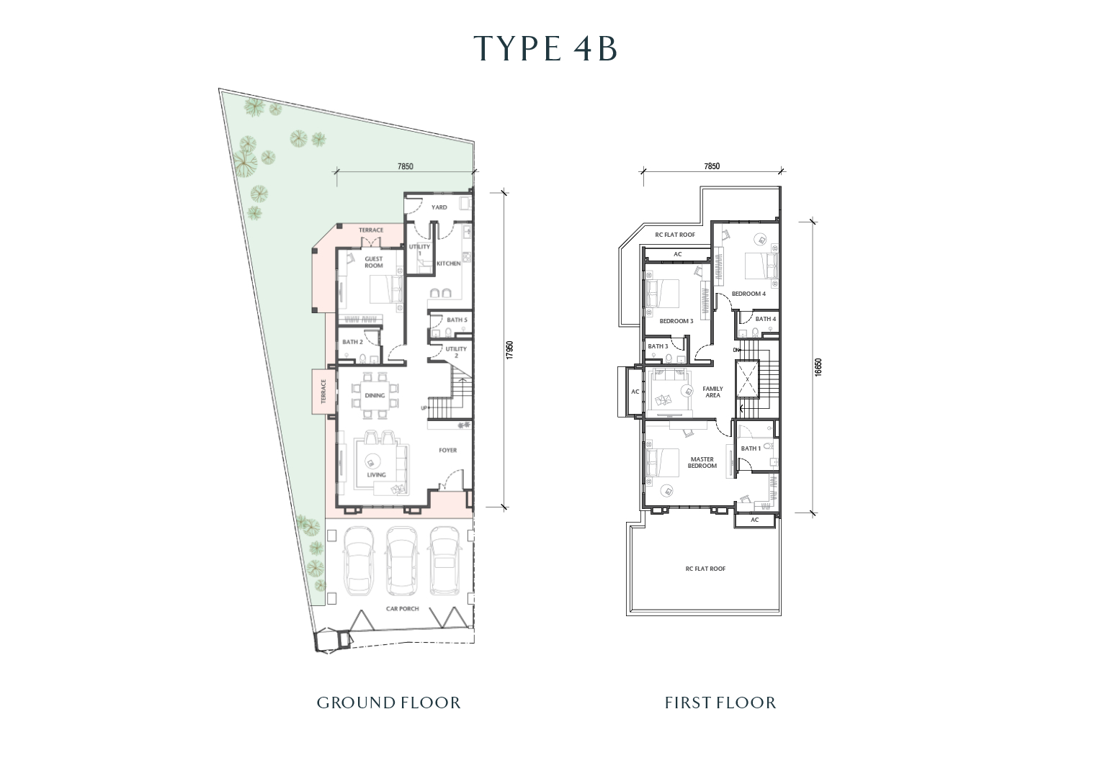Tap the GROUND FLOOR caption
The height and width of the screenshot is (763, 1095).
[388, 703]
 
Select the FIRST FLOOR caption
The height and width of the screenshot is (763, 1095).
[720, 703]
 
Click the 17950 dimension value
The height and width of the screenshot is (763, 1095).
[510, 351]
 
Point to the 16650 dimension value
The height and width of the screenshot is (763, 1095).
[818, 367]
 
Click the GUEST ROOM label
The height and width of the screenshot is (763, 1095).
[374, 262]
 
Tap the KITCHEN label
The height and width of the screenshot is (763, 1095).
[449, 263]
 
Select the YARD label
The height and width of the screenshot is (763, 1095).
[439, 207]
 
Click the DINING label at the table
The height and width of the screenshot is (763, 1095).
[375, 395]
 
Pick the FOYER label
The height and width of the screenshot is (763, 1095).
[448, 451]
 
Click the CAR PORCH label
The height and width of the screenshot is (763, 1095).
[402, 609]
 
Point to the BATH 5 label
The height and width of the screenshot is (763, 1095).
[457, 320]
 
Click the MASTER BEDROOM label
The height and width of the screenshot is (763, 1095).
[702, 463]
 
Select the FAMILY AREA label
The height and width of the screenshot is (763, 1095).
[712, 392]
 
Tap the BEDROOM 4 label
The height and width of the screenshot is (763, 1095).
[749, 294]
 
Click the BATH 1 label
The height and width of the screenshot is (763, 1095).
[751, 448]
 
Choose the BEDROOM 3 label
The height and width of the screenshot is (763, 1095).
[676, 321]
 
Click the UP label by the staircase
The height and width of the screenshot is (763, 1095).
[424, 408]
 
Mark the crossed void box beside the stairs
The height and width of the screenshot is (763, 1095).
[747, 379]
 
